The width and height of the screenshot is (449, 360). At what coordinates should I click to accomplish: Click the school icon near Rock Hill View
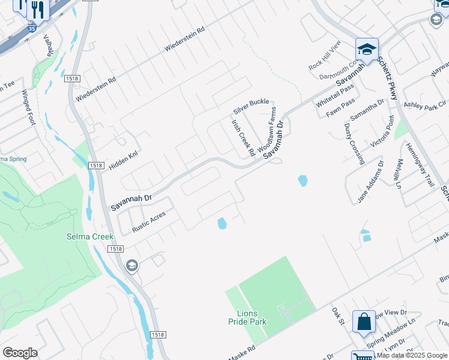click(367, 49)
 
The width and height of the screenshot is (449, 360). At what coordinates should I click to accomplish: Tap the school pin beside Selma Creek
click(131, 266)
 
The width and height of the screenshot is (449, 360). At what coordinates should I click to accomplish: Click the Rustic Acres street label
click(148, 221)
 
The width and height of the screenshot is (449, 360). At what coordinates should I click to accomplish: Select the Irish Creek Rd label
click(244, 139)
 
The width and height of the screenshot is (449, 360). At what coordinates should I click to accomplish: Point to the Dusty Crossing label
click(354, 143)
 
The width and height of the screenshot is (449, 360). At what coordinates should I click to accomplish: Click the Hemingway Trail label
click(419, 164)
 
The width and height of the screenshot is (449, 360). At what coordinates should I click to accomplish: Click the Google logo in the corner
click(20, 353)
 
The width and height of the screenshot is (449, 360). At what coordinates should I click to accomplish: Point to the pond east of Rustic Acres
click(222, 224)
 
